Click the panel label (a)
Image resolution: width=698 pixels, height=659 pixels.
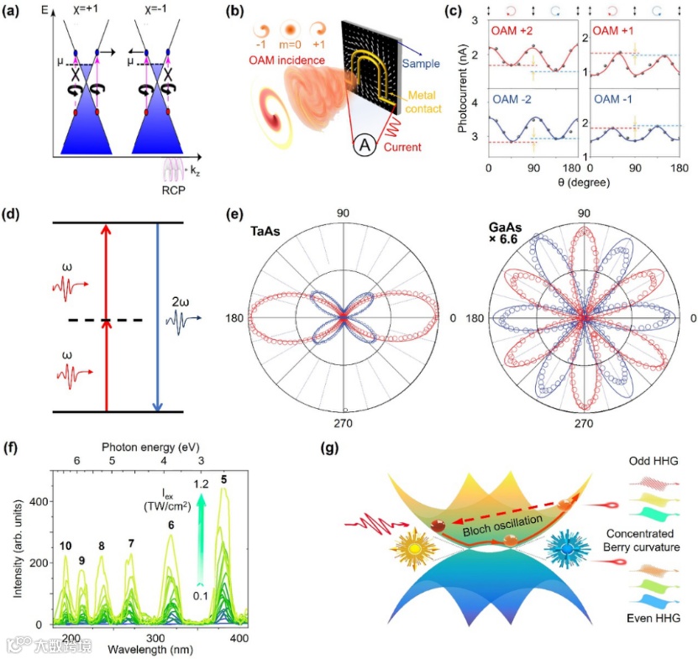click(14, 13)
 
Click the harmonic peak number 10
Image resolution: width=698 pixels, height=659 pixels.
click(66, 547)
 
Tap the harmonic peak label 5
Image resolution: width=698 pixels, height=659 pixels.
click(223, 479)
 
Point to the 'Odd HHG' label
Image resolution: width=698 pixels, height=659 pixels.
click(655, 463)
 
